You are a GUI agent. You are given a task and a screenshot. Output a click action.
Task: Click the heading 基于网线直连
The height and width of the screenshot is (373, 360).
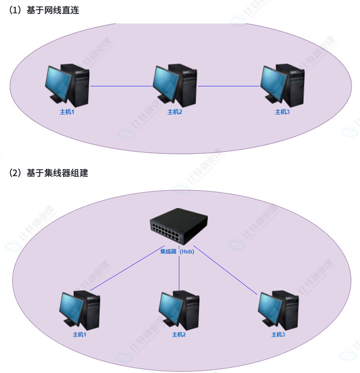(x=53, y=11)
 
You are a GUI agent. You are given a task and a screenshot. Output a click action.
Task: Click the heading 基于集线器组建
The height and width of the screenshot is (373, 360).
(x=57, y=173)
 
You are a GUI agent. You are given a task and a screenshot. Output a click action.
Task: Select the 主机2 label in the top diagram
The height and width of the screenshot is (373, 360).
(x=175, y=112)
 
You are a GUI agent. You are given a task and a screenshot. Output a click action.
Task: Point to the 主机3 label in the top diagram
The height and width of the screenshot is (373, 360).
(x=283, y=112)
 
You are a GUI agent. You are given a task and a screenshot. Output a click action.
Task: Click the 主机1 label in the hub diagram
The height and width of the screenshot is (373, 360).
(x=79, y=335)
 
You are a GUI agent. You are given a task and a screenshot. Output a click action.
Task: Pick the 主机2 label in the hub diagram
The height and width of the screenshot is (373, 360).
(x=179, y=335)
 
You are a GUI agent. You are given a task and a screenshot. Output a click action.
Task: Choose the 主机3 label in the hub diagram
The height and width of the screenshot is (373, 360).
(x=278, y=335)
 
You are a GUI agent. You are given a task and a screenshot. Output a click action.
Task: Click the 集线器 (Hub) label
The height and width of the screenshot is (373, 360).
(x=177, y=252)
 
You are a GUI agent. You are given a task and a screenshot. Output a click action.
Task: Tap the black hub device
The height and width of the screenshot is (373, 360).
(x=178, y=225)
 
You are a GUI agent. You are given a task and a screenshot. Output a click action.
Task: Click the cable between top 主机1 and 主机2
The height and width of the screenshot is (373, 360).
(x=121, y=86)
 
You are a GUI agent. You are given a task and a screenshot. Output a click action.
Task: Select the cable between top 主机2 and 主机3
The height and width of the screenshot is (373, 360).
(x=229, y=86)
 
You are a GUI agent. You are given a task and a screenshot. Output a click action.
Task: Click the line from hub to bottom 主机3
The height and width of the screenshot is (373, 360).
(x=225, y=270)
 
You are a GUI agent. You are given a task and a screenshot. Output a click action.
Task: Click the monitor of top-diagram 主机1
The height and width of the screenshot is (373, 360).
(x=58, y=83)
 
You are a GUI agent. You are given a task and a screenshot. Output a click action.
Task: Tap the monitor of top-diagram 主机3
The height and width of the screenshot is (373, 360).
(x=273, y=83)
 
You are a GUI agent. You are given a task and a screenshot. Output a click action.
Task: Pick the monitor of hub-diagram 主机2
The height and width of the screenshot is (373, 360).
(x=170, y=307)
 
